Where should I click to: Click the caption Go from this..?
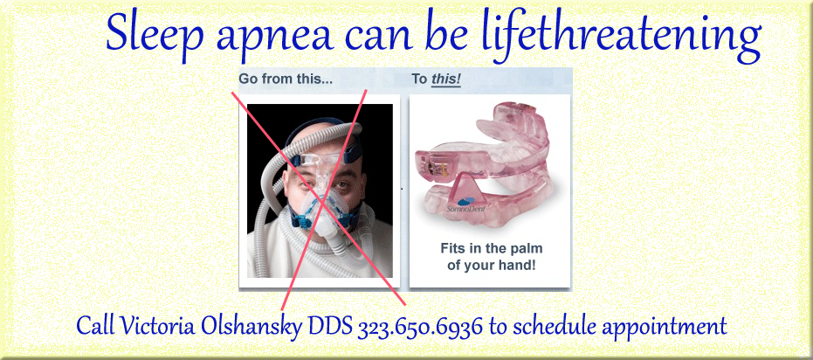[286, 80]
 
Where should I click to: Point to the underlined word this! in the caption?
[446, 80]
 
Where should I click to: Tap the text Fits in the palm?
[491, 248]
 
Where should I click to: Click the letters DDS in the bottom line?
[331, 327]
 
